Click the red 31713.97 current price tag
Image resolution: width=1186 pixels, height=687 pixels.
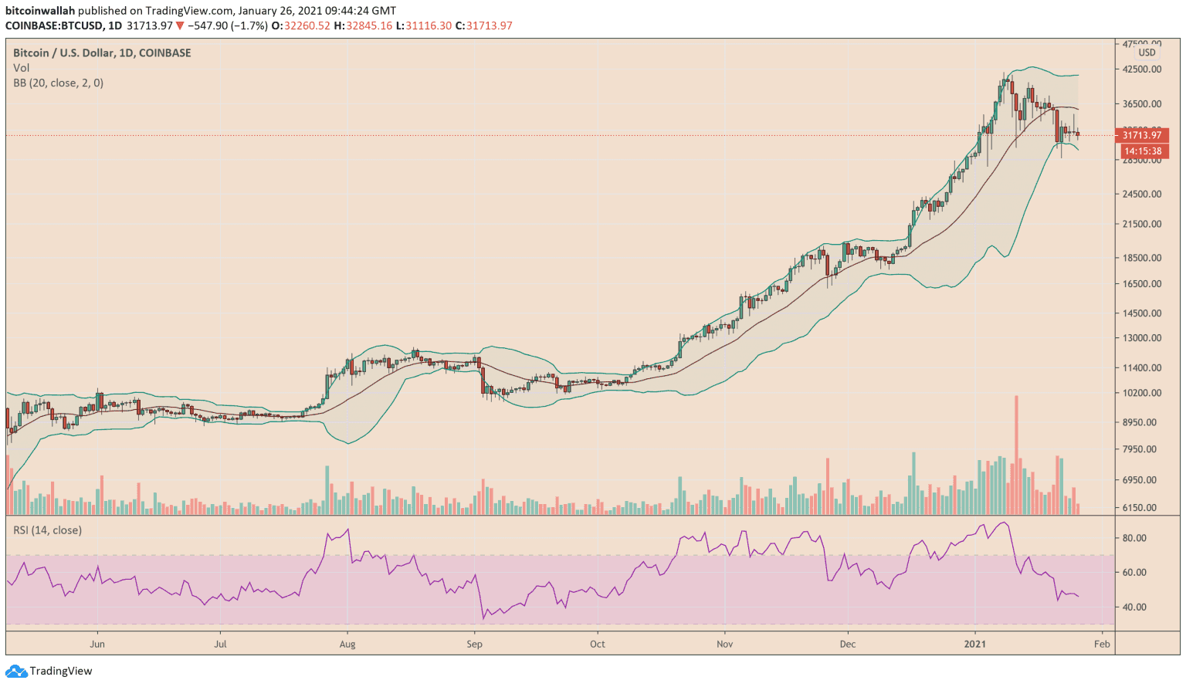1141,135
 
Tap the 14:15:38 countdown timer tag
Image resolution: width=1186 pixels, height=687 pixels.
1142,151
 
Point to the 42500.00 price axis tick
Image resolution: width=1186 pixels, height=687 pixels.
1142,69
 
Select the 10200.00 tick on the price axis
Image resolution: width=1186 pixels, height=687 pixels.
1142,393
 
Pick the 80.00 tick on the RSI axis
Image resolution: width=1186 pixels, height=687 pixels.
1134,538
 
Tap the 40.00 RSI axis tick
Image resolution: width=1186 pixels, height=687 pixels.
1134,607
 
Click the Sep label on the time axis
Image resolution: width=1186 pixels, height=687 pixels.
474,644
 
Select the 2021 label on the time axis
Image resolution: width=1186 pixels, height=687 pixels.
975,644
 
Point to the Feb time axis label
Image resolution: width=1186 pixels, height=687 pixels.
1102,644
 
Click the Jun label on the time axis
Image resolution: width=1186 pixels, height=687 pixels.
97,644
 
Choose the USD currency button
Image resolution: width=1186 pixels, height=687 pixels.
1147,52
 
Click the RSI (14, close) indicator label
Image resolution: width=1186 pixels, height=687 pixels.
47,530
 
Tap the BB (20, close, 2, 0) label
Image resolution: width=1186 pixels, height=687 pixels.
58,83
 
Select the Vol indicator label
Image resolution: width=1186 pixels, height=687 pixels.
21,68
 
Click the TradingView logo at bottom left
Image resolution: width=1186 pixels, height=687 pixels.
49,671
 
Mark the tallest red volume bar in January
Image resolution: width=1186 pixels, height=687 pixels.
1016,455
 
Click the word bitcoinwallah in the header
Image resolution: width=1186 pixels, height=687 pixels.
40,11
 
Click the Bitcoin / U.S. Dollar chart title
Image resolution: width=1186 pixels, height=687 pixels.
102,52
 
